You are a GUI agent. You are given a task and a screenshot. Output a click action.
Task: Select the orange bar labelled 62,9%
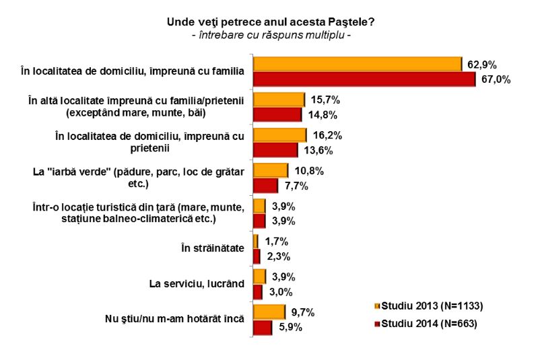(x=356, y=64)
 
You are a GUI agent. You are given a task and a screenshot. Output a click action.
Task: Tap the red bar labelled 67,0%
(x=364, y=79)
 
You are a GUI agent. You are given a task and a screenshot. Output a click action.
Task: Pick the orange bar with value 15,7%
(x=279, y=100)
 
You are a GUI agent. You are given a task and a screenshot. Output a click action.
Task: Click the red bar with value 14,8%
(x=277, y=114)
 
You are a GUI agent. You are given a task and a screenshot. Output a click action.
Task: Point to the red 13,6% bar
(x=275, y=149)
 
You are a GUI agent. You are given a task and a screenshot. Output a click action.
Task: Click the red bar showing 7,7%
(x=265, y=185)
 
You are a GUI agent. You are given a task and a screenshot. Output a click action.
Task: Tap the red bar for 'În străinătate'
(x=257, y=256)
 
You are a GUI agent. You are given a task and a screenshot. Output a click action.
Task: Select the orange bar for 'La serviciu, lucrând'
(x=259, y=277)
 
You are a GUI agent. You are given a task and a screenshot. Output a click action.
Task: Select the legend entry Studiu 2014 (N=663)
(x=428, y=323)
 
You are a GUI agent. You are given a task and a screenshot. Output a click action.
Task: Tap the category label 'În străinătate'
(x=212, y=248)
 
